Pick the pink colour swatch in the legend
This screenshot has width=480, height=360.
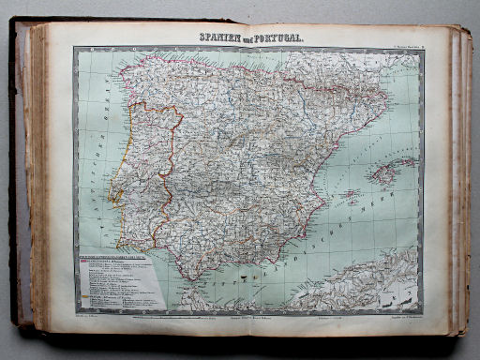[86, 263]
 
